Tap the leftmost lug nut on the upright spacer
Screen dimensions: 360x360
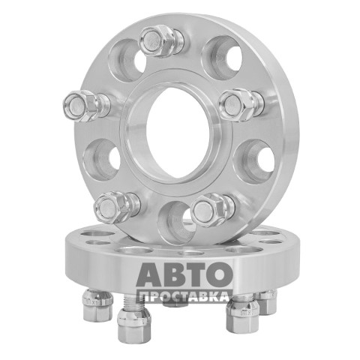tap(85, 106)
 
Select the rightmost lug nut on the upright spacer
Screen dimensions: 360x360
tap(241, 105)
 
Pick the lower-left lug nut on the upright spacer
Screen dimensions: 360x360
tap(117, 208)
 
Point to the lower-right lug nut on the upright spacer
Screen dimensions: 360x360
tap(212, 210)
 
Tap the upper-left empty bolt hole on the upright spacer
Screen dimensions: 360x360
tap(127, 60)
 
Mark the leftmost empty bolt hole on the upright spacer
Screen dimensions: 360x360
tap(101, 160)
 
